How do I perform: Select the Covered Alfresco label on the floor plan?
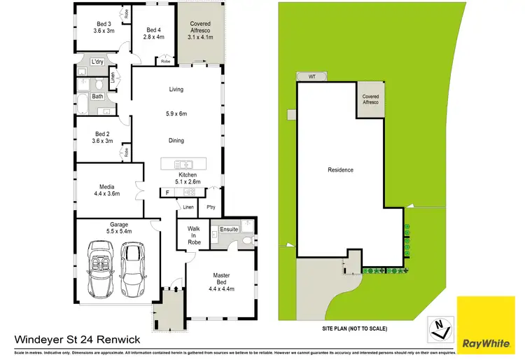pos(200,27)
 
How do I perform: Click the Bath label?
pos(97,97)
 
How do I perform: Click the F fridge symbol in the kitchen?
pos(167,192)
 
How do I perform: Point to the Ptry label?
pos(211,207)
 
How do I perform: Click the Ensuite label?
pos(229,229)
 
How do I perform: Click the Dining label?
pos(176,141)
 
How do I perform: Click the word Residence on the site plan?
pos(341,169)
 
